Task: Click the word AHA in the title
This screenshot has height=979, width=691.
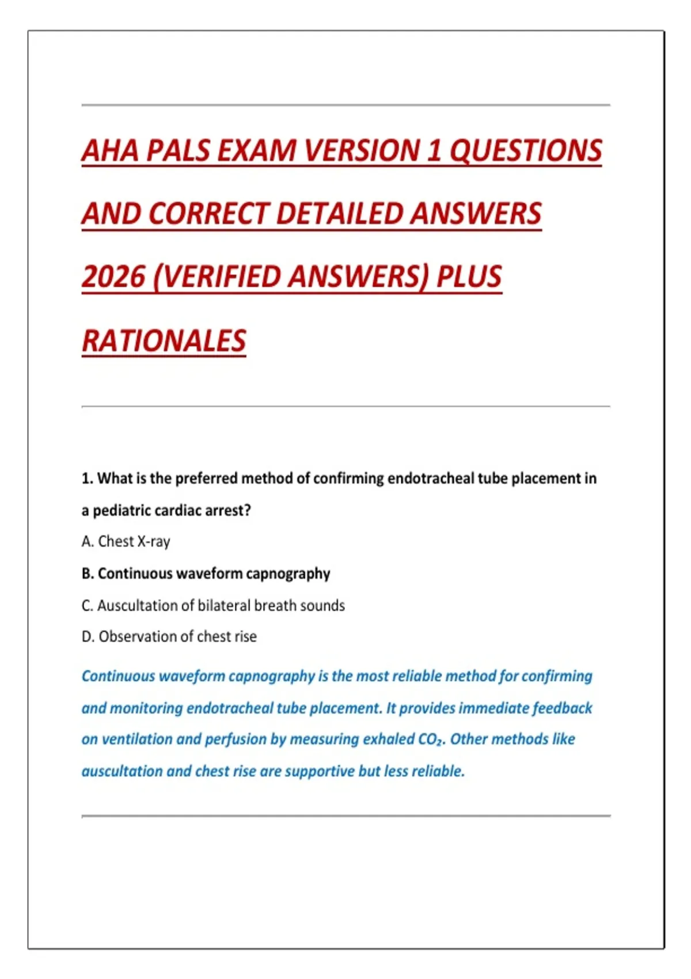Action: (110, 151)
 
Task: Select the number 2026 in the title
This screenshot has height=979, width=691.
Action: (113, 277)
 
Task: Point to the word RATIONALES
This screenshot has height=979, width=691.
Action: (164, 341)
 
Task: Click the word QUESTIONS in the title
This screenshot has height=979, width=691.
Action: (525, 151)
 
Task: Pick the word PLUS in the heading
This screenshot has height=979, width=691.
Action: (469, 277)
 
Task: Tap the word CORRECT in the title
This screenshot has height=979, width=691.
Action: (210, 214)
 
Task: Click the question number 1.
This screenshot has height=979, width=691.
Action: (86, 479)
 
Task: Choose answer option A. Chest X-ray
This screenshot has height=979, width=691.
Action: (126, 542)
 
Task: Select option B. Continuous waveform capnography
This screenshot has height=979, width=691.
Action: (206, 574)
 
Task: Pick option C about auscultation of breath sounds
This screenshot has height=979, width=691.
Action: (213, 606)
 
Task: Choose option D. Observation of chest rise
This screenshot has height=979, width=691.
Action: (169, 637)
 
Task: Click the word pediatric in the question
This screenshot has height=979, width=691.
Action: (120, 511)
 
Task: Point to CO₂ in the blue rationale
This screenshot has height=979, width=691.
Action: (431, 740)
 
